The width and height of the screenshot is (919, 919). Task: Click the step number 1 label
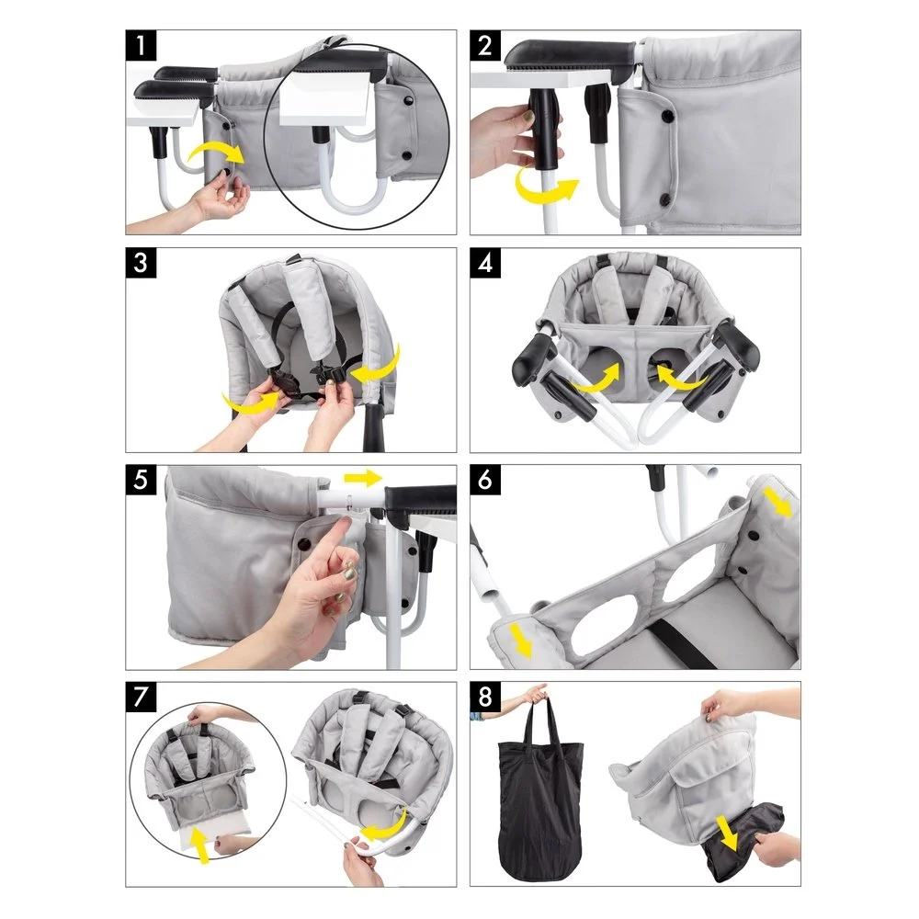(141, 45)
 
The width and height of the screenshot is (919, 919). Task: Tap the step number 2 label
(485, 45)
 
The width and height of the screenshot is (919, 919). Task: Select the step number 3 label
(141, 263)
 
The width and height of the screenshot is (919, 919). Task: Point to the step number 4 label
(485, 263)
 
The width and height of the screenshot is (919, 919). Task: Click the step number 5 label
(141, 480)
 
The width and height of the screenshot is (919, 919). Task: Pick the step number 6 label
(485, 480)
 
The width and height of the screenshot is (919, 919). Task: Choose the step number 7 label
(141, 697)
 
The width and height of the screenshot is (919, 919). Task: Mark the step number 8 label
(485, 697)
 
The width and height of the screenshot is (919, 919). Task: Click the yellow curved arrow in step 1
(216, 150)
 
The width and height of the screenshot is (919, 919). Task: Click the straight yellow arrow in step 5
(363, 478)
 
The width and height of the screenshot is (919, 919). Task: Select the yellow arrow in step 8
(727, 833)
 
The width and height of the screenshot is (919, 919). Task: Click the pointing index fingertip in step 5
(346, 519)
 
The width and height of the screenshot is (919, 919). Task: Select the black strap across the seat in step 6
(683, 643)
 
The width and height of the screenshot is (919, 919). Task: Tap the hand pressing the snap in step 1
(220, 197)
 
